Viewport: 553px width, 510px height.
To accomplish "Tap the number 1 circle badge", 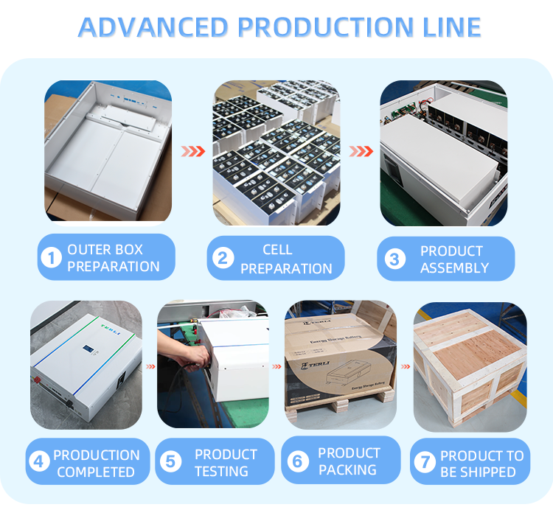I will pyautogui.click(x=51, y=258).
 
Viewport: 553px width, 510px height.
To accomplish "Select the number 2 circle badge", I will pyautogui.click(x=220, y=259).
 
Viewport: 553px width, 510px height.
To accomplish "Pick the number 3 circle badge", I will pyautogui.click(x=393, y=259).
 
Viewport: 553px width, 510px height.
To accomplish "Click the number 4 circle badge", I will pyautogui.click(x=39, y=462).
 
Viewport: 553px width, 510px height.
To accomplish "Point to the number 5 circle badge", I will pyautogui.click(x=171, y=462).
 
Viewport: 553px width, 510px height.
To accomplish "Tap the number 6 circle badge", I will pyautogui.click(x=297, y=461).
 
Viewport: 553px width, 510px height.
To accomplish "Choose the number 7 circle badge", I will pyautogui.click(x=423, y=462).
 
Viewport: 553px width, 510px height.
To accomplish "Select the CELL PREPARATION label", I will pyautogui.click(x=285, y=259).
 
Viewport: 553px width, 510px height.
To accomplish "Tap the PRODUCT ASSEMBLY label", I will pyautogui.click(x=453, y=259).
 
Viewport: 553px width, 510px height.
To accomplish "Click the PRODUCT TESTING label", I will pyautogui.click(x=226, y=462).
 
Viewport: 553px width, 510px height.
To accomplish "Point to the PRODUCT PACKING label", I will pyautogui.click(x=349, y=461).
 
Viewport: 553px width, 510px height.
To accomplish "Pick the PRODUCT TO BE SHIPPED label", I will pyautogui.click(x=481, y=463).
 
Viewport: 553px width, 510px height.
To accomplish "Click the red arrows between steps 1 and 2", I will pyautogui.click(x=193, y=151).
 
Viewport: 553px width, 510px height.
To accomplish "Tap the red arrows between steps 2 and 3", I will pyautogui.click(x=361, y=151).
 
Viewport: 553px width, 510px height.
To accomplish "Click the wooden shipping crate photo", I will pyautogui.click(x=470, y=366).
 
